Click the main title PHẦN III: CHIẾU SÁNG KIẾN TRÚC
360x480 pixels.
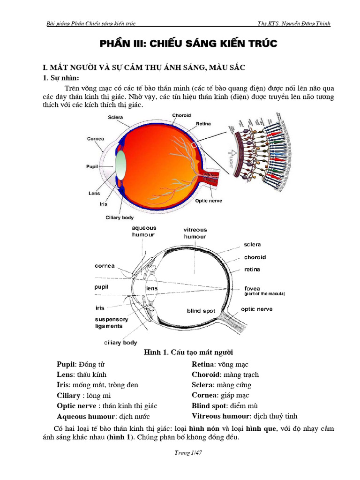[189, 44]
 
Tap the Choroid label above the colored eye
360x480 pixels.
[181, 115]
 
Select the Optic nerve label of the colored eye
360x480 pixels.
[209, 201]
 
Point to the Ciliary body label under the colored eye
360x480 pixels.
[120, 217]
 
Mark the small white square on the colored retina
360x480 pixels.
[194, 145]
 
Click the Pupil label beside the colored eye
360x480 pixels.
[92, 166]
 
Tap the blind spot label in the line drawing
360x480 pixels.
[201, 311]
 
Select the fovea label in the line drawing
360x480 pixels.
[252, 288]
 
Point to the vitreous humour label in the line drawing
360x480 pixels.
[195, 233]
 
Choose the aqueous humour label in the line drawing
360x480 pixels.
[144, 231]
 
